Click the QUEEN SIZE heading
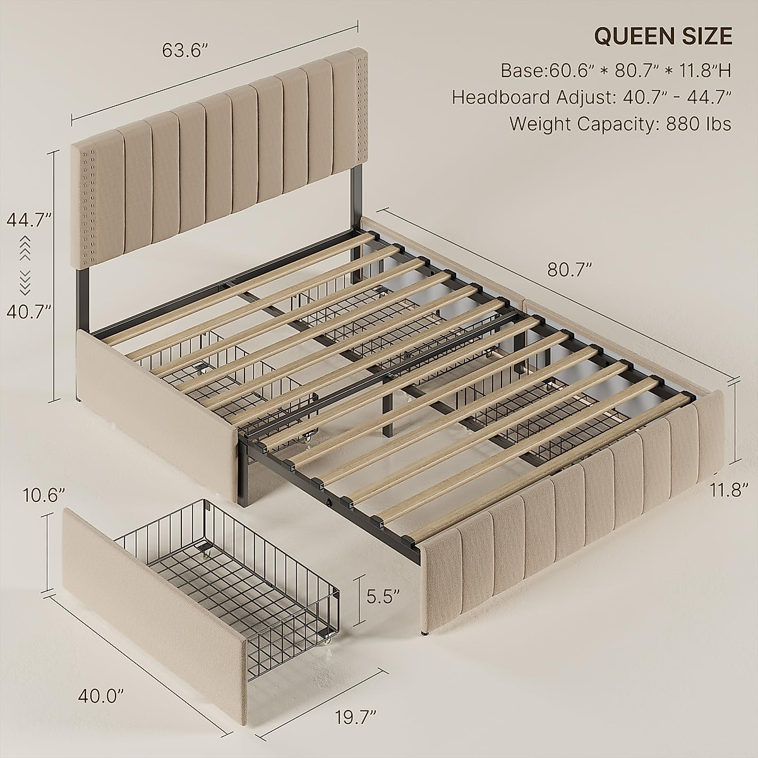pyautogui.click(x=663, y=37)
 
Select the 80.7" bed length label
pyautogui.click(x=570, y=270)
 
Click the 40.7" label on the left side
pyautogui.click(x=28, y=311)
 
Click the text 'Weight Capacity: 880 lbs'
pyautogui.click(x=620, y=123)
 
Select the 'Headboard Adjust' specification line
pyautogui.click(x=592, y=97)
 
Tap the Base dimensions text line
pyautogui.click(x=617, y=70)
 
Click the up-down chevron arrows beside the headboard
pyautogui.click(x=26, y=265)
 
